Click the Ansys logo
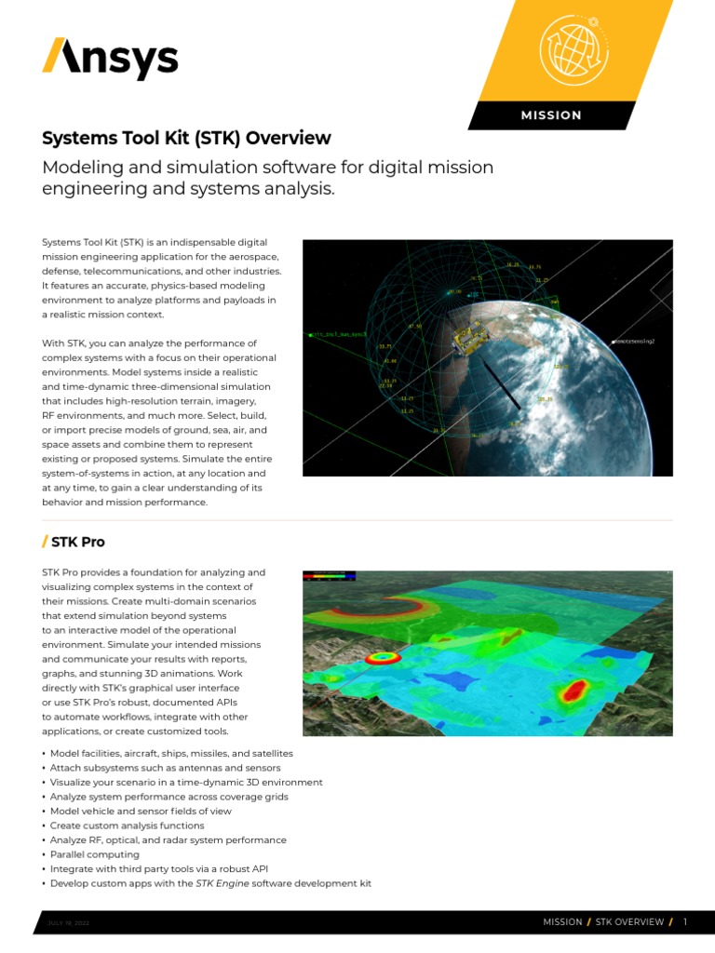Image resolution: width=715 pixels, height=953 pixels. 109,60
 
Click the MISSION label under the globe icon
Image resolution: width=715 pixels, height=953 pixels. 551,115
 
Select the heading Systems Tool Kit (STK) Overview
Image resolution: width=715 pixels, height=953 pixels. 186,139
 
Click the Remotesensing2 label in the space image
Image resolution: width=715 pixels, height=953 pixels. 634,342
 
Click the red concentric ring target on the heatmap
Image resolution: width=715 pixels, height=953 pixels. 382,658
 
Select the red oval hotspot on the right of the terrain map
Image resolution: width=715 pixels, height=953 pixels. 574,691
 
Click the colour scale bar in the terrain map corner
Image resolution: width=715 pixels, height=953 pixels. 330,577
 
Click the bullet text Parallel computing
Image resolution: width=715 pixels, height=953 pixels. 94,854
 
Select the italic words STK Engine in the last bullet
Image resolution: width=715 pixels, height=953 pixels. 223,883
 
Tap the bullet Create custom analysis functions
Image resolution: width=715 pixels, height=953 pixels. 127,825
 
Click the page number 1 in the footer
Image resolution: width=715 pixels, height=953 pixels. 685,922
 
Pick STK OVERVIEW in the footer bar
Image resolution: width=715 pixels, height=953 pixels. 629,922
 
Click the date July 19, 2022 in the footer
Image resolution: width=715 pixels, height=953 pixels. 68,922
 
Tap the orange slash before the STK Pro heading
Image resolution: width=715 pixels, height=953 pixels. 45,542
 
